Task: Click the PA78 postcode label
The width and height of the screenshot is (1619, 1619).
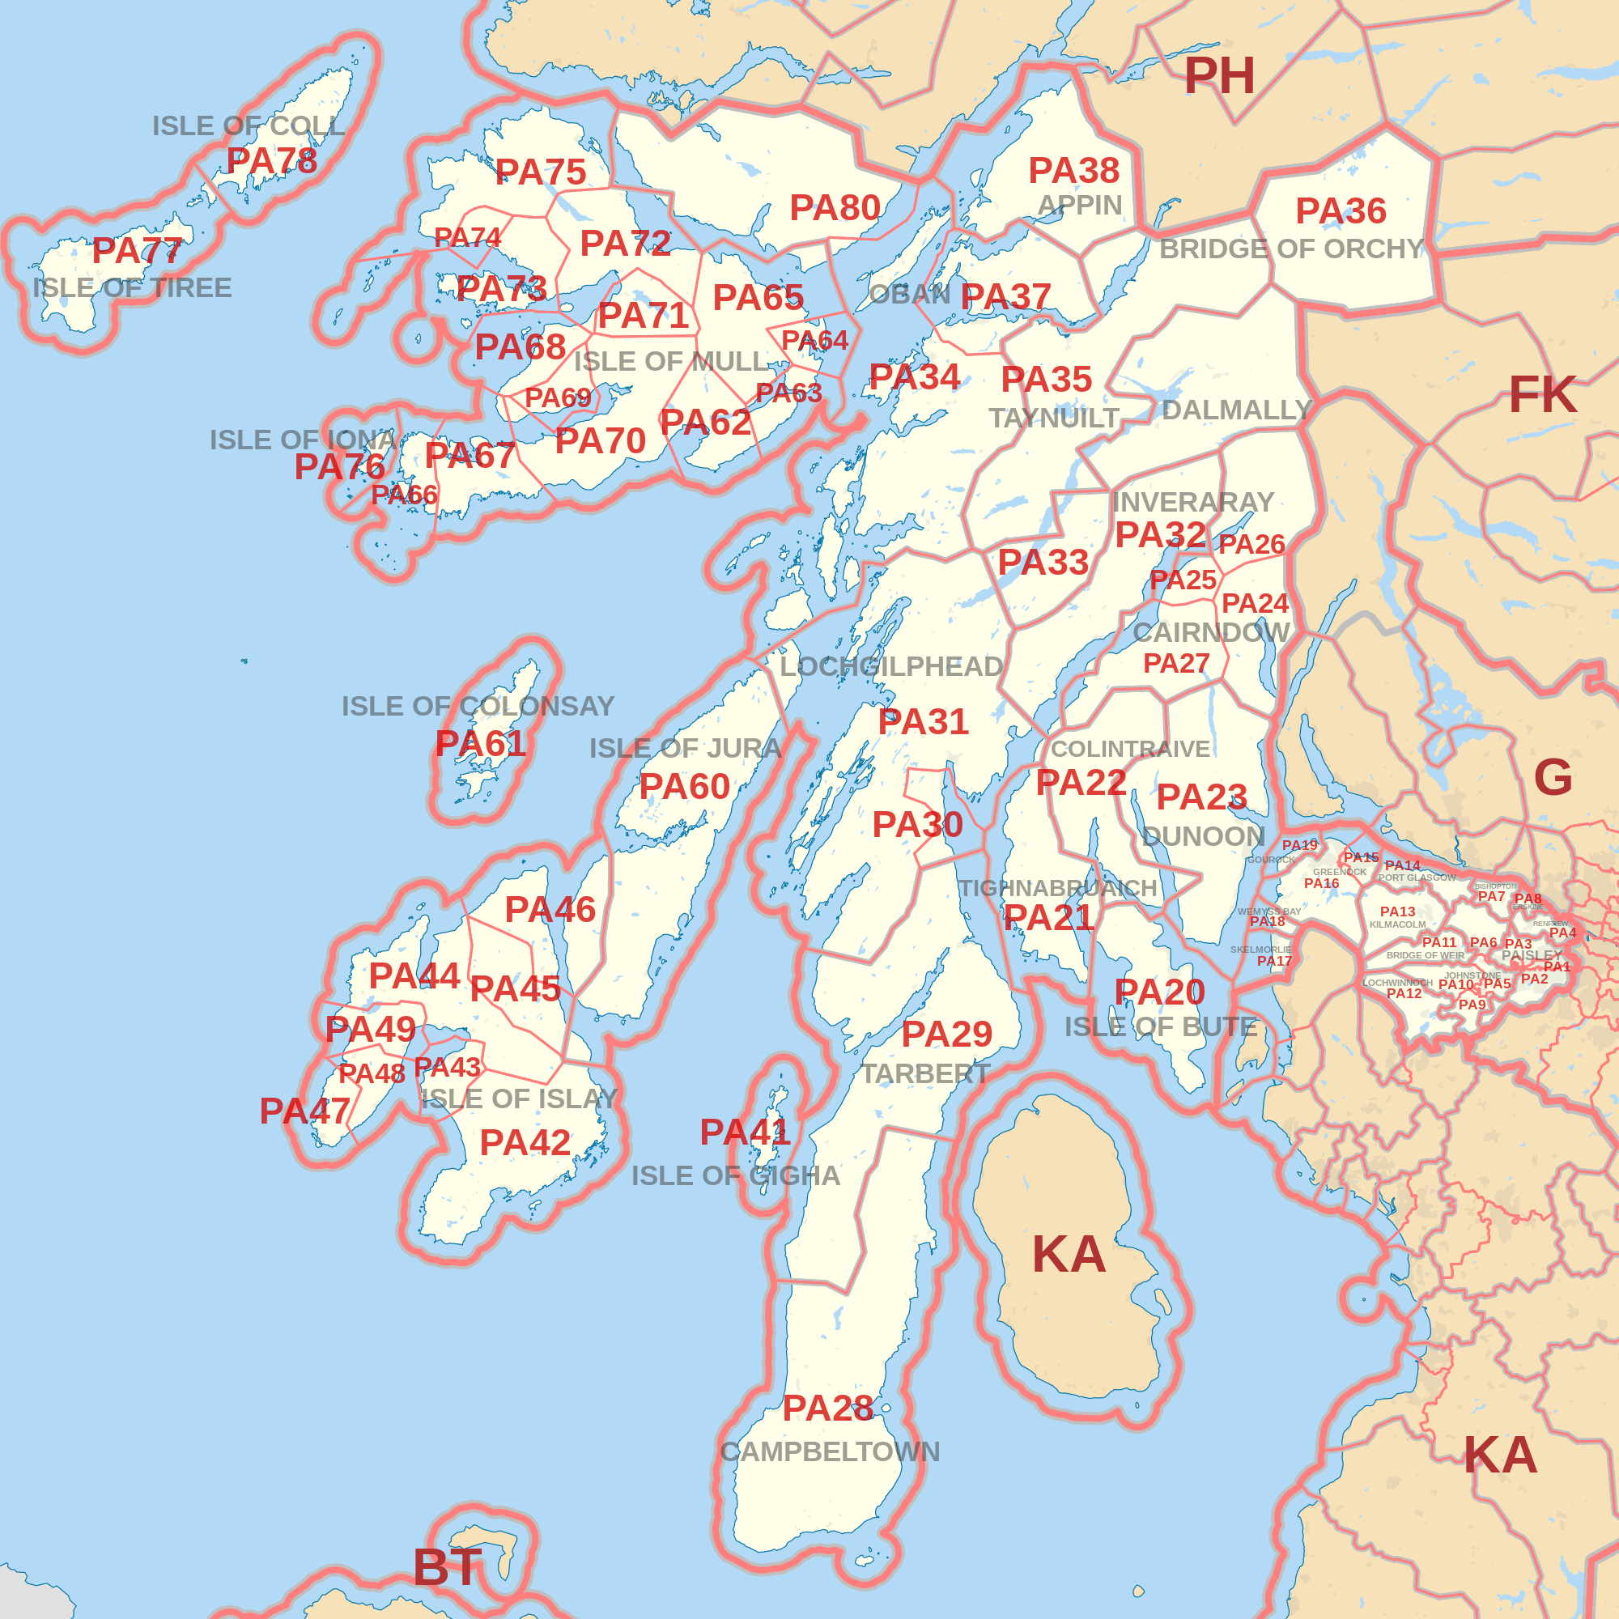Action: [x=271, y=161]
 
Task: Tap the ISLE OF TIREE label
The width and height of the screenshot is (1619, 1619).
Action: [x=133, y=288]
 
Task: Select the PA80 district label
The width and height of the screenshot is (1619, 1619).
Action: [x=835, y=208]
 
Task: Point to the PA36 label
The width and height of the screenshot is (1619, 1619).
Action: [x=1341, y=211]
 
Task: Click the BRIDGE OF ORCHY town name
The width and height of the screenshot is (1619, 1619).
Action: [x=1291, y=249]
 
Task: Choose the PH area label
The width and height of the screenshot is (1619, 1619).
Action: [x=1219, y=76]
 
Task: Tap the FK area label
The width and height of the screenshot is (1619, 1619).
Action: [x=1543, y=395]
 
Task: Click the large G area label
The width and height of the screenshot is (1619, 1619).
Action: [x=1553, y=777]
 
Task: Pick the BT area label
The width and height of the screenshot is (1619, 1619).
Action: [x=448, y=1567]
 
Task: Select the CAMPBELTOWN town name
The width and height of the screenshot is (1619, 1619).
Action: [x=830, y=1452]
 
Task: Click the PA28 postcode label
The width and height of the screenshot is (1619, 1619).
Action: [x=827, y=1409]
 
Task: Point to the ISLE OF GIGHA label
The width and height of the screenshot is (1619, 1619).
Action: [x=736, y=1175]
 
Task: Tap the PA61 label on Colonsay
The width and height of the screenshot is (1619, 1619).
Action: [x=480, y=743]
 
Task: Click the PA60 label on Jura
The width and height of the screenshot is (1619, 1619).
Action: [x=685, y=787]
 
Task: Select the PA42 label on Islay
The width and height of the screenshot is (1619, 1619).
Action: [x=525, y=1143]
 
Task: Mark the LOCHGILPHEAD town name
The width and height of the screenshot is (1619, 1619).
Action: [x=891, y=667]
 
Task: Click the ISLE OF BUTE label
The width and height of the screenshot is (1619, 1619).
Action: [x=1161, y=1026]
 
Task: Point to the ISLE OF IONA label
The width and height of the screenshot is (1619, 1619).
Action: [x=303, y=440]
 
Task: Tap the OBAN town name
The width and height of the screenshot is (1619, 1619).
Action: [x=909, y=295]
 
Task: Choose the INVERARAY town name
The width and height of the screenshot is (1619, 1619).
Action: [x=1192, y=502]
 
